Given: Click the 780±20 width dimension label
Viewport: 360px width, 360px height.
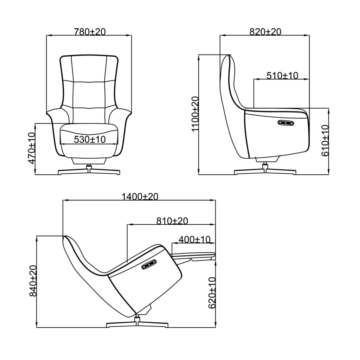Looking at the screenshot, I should click(x=90, y=32).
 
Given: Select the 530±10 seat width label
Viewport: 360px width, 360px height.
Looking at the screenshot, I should click(x=90, y=140).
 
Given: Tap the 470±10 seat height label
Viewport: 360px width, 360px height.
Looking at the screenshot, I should click(x=31, y=148).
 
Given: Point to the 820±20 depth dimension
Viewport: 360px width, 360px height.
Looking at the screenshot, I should click(x=265, y=32).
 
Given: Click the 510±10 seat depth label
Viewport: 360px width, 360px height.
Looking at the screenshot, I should click(x=282, y=75).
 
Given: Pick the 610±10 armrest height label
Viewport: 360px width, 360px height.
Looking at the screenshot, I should click(x=325, y=141).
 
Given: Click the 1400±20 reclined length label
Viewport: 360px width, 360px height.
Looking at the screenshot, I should click(x=140, y=197).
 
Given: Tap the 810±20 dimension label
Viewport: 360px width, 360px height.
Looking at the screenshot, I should click(x=172, y=221).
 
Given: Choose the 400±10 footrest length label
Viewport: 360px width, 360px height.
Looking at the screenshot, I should click(x=194, y=240).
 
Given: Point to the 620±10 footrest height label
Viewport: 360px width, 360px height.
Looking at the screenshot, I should click(x=212, y=293).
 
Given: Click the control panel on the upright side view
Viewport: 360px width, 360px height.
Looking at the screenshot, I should click(x=285, y=123).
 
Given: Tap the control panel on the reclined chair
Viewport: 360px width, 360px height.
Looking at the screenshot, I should click(x=149, y=265).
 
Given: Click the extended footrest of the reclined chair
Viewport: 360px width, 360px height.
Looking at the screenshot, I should click(x=193, y=255).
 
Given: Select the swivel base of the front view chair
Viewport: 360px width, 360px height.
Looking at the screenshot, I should click(x=89, y=171).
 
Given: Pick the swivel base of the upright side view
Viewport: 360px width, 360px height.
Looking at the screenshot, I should click(x=265, y=172).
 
